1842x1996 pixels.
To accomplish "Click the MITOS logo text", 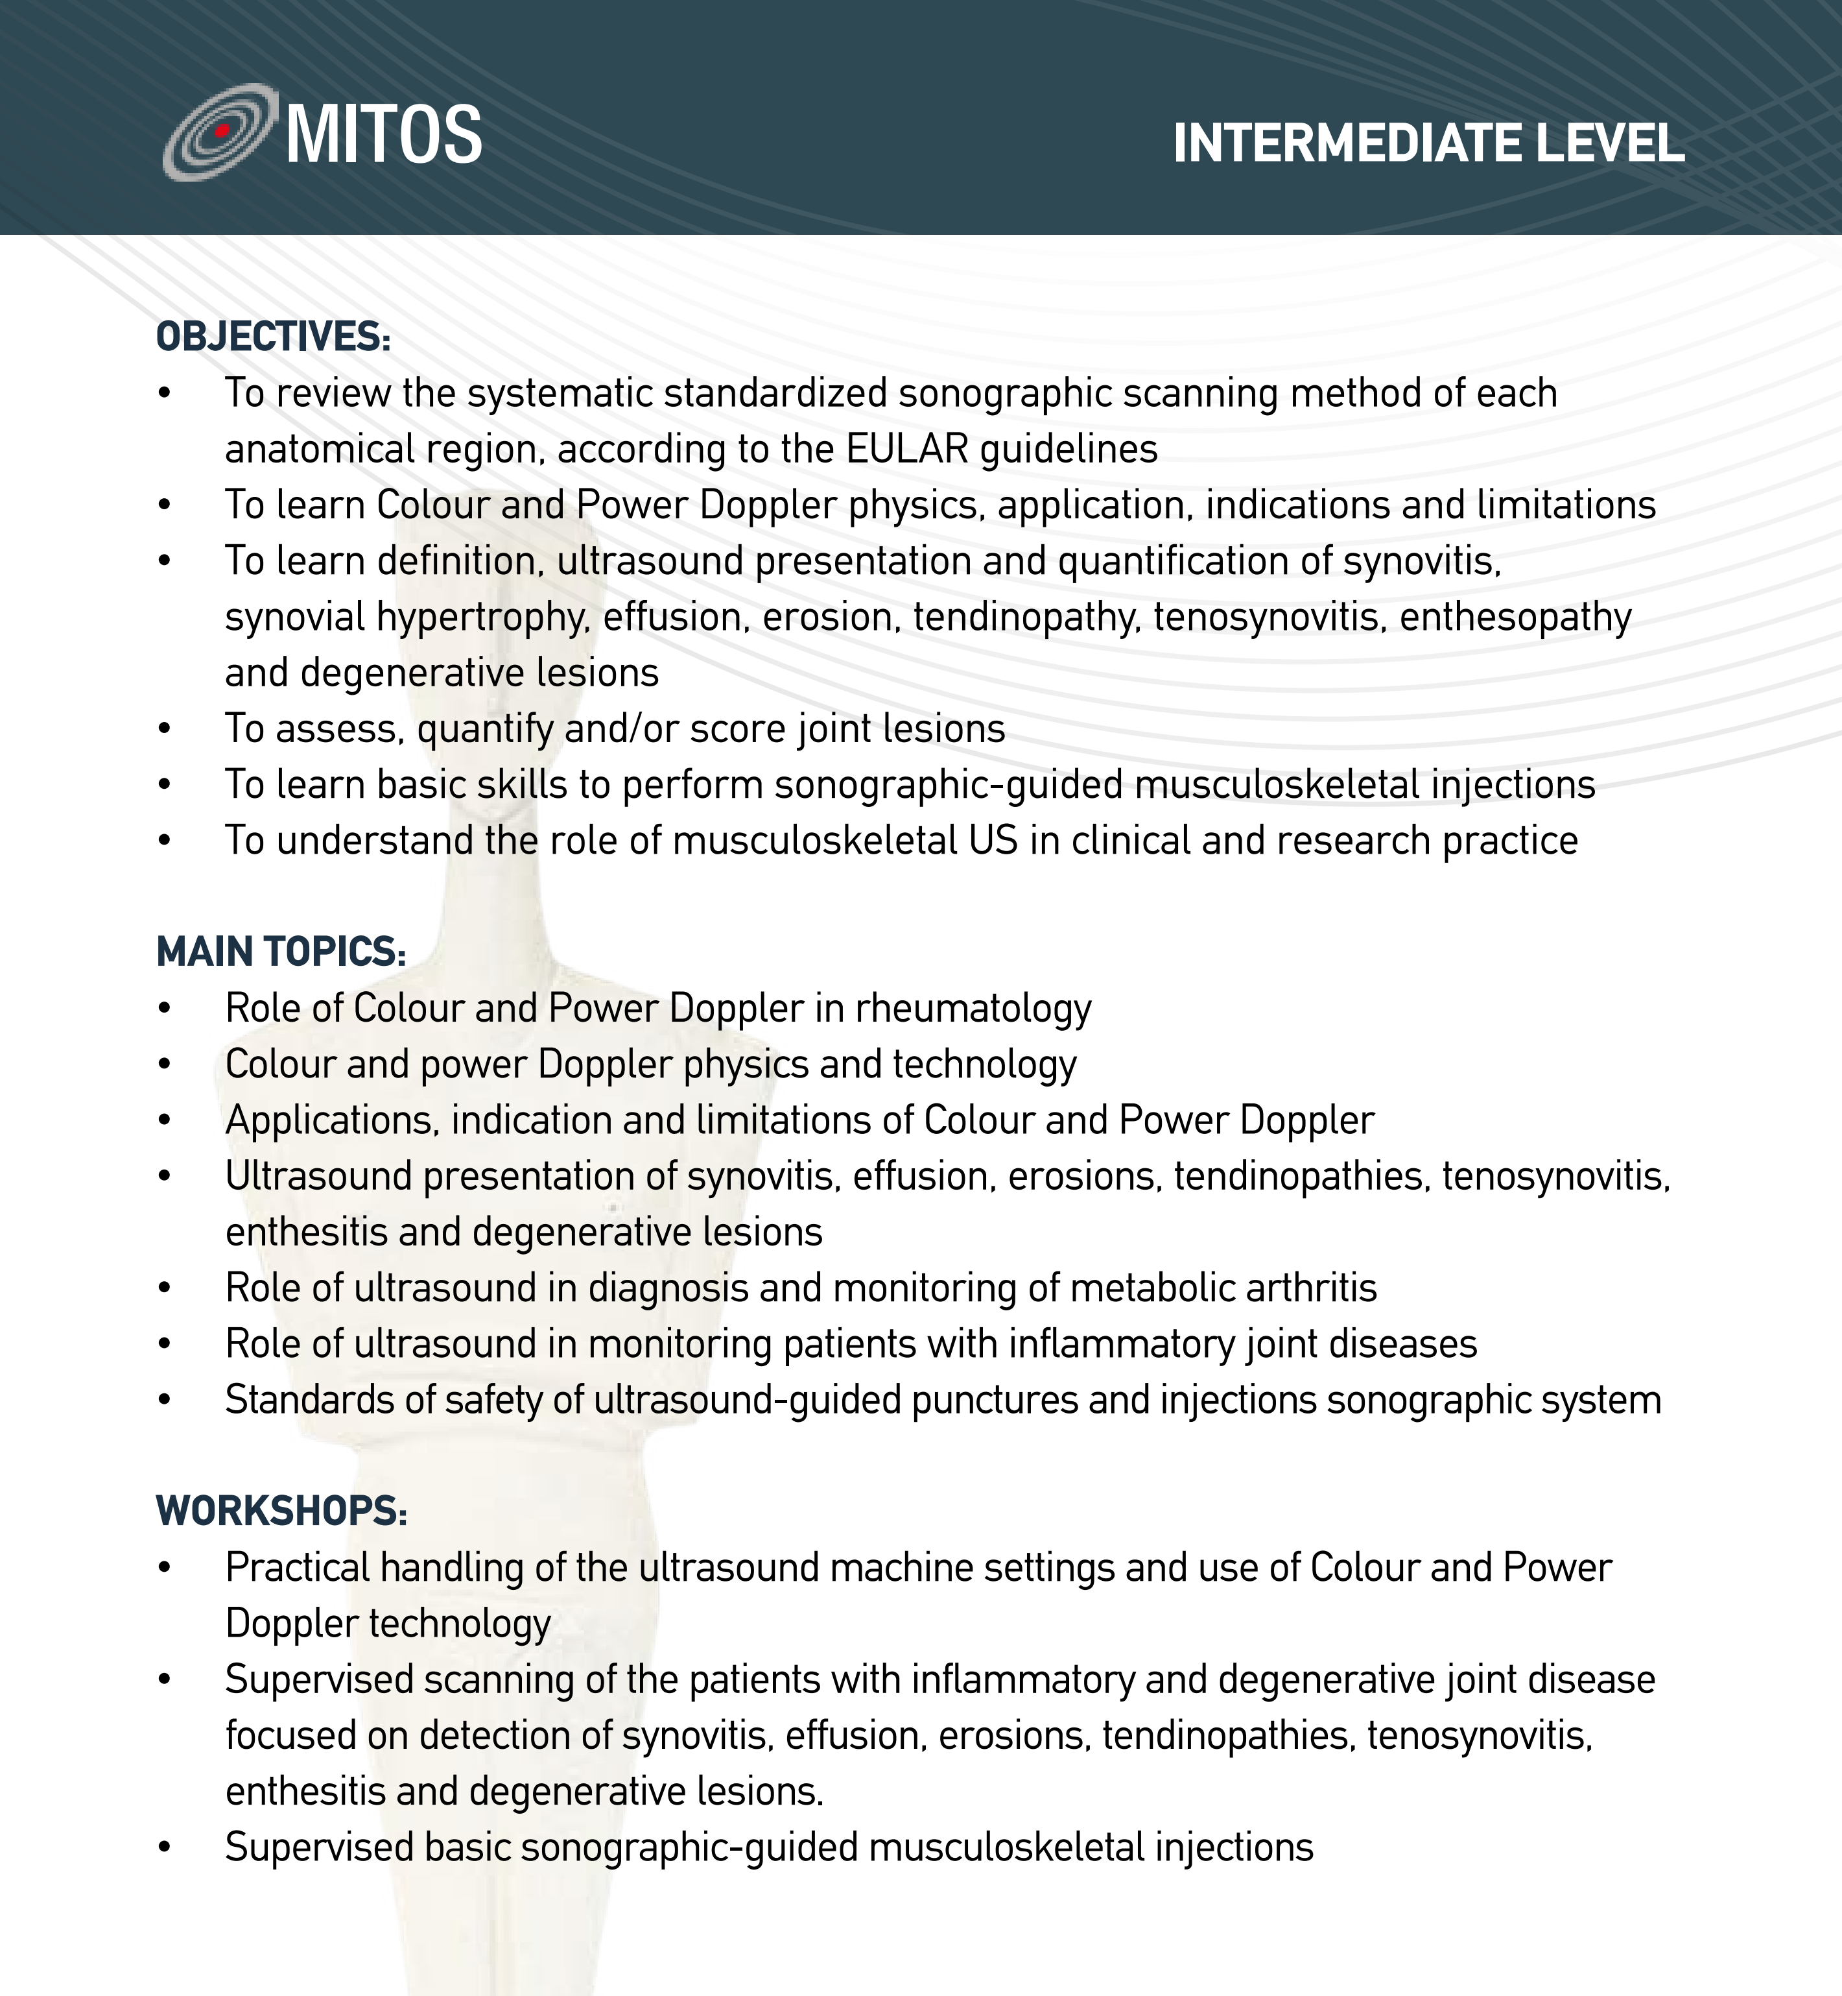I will click(x=384, y=134).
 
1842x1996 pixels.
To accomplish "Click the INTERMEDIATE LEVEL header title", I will click(x=1428, y=143).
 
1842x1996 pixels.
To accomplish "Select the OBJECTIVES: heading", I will click(x=273, y=337).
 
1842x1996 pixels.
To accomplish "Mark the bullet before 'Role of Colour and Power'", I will click(x=165, y=1009).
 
